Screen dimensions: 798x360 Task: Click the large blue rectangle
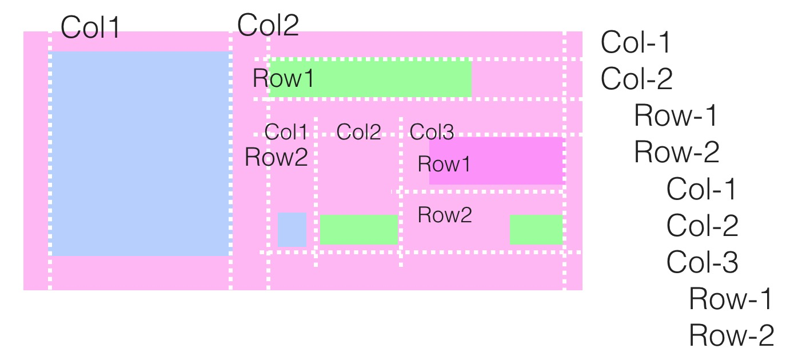pyautogui.click(x=141, y=154)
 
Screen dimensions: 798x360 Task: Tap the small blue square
pyautogui.click(x=292, y=230)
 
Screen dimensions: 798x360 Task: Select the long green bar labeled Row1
pyautogui.click(x=370, y=78)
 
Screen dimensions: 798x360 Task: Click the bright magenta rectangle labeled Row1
pyautogui.click(x=496, y=161)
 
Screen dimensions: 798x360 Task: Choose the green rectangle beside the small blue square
pyautogui.click(x=359, y=230)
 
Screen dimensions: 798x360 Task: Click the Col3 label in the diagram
pyautogui.click(x=432, y=132)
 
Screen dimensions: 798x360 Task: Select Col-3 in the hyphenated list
pyautogui.click(x=702, y=262)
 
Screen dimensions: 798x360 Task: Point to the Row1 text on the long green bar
pyautogui.click(x=283, y=78)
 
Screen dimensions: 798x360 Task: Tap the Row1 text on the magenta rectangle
pyautogui.click(x=444, y=164)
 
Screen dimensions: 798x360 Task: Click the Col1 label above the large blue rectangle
pyautogui.click(x=90, y=27)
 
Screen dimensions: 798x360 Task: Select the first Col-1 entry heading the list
pyautogui.click(x=635, y=42)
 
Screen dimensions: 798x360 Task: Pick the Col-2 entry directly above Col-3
pyautogui.click(x=702, y=225)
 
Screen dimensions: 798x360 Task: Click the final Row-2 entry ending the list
pyautogui.click(x=731, y=335)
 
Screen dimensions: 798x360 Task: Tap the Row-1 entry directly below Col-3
pyautogui.click(x=731, y=298)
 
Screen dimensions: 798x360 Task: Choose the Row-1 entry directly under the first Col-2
pyautogui.click(x=676, y=115)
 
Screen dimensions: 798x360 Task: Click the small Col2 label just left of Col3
pyautogui.click(x=359, y=132)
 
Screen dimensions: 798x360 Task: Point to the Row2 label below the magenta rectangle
pyautogui.click(x=445, y=215)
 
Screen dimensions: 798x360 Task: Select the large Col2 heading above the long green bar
pyautogui.click(x=268, y=25)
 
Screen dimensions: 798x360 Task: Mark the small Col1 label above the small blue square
pyautogui.click(x=286, y=132)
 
